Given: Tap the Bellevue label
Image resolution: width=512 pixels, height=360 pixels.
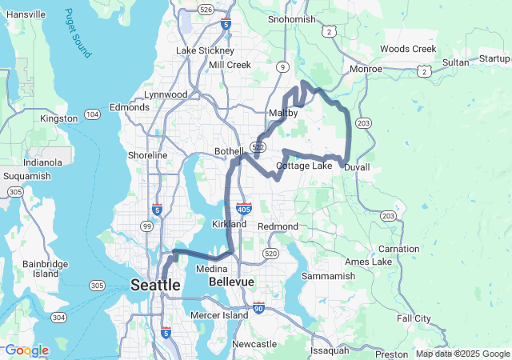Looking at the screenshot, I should (231, 283).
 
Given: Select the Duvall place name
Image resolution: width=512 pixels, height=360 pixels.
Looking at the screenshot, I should (357, 167).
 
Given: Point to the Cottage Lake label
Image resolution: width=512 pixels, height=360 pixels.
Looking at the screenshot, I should (303, 166).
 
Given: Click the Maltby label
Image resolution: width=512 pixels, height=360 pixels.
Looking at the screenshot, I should (283, 114).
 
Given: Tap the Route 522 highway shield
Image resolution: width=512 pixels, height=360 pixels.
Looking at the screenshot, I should (258, 147).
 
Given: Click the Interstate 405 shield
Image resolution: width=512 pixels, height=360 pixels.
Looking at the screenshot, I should (244, 207).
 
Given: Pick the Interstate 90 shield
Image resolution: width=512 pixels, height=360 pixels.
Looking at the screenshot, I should (258, 307).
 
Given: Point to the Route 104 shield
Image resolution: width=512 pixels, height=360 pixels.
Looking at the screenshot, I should (93, 115).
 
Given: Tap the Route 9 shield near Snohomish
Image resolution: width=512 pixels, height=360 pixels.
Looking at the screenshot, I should (284, 66).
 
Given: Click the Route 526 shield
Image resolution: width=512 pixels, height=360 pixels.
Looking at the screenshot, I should (206, 10).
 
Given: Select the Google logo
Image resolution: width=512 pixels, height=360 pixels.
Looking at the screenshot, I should (26, 350).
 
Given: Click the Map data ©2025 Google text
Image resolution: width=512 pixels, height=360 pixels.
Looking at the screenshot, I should (462, 354).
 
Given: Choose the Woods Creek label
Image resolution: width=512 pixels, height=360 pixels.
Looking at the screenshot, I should (408, 49).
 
